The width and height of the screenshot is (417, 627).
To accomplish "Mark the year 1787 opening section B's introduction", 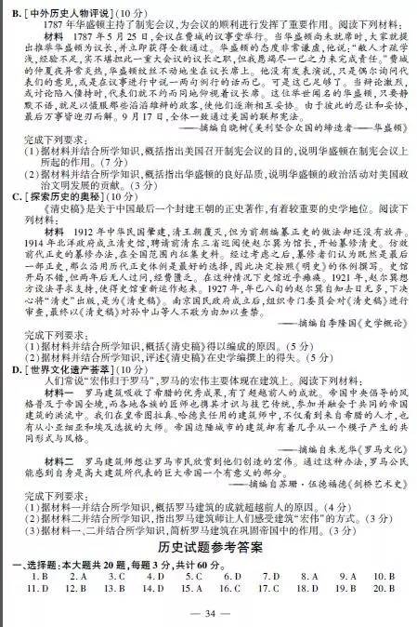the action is [56, 26].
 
